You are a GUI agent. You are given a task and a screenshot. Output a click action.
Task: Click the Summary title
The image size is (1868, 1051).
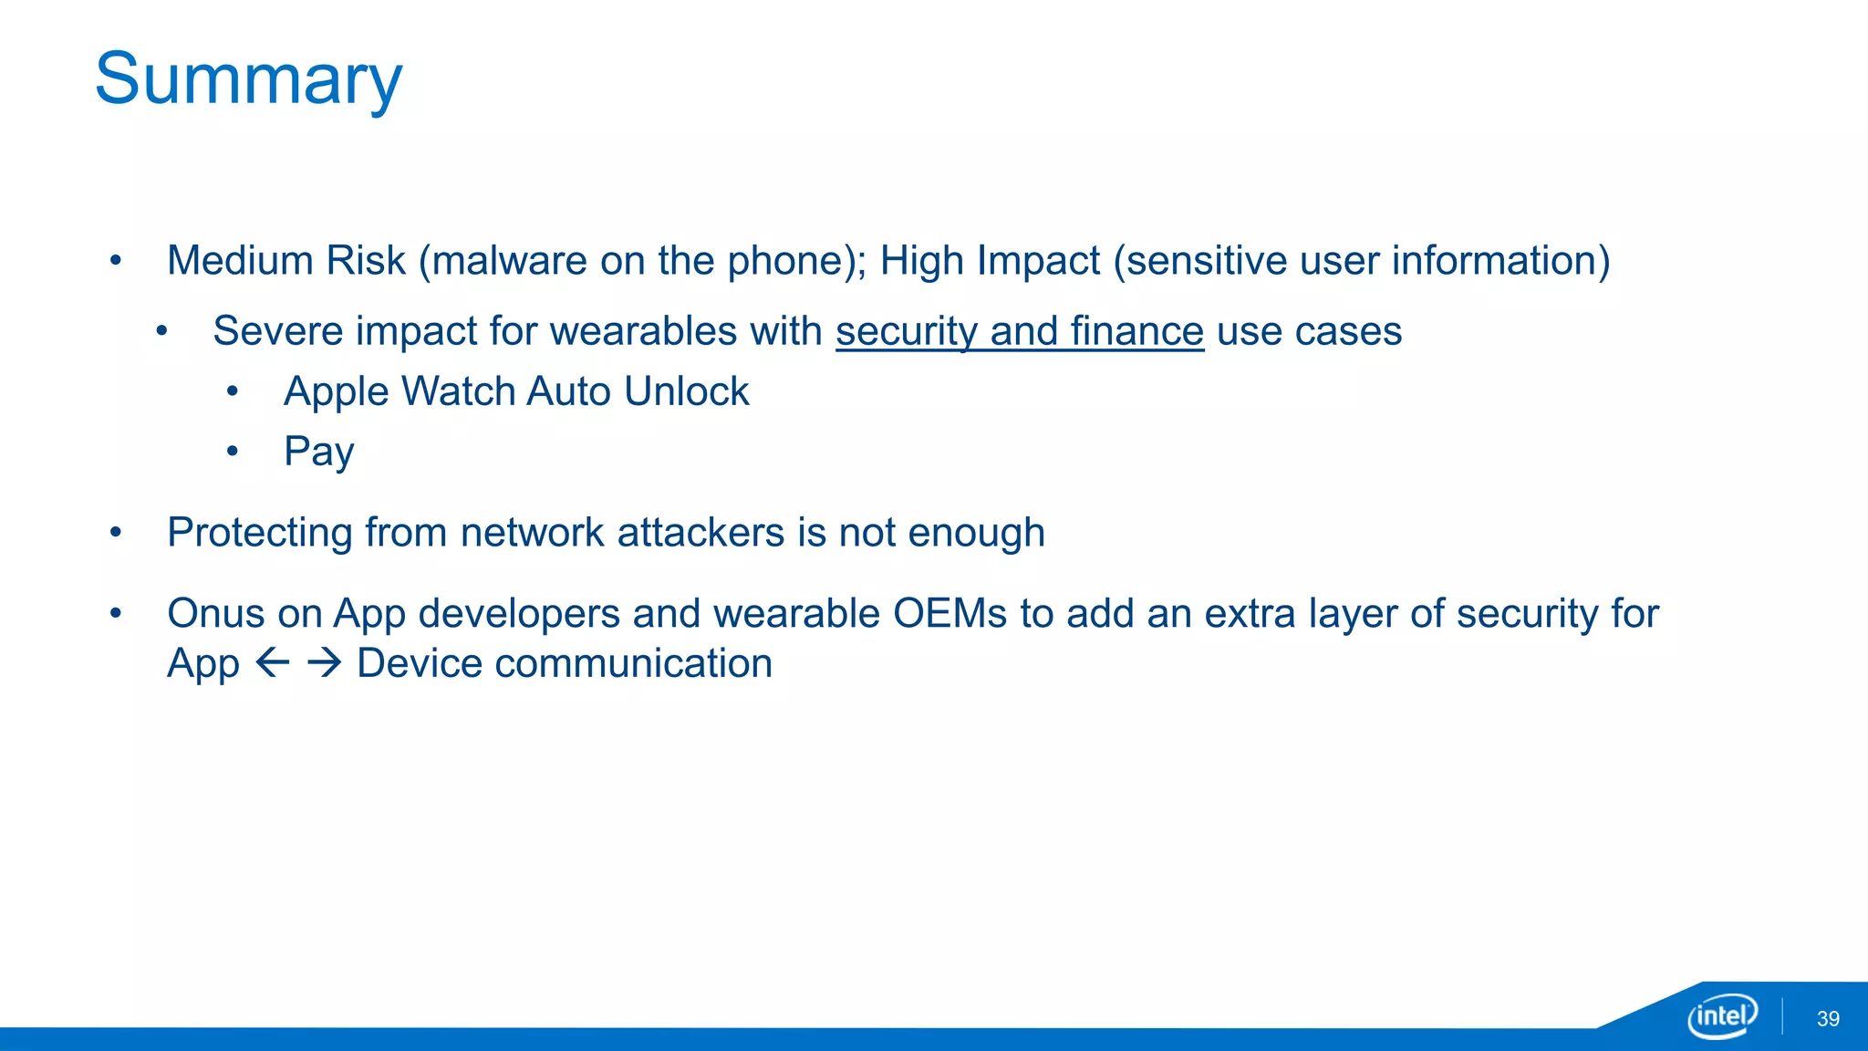(x=248, y=80)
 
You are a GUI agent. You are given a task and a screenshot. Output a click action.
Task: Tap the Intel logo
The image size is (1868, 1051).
(x=1722, y=1015)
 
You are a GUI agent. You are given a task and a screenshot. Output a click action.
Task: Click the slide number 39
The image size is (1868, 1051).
(x=1828, y=1019)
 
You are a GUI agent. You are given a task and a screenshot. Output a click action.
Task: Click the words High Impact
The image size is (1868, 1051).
(x=990, y=261)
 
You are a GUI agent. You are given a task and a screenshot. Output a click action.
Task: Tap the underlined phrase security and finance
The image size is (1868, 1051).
(x=1019, y=331)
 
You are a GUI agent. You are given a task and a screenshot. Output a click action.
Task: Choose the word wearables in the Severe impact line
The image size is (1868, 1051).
(x=643, y=331)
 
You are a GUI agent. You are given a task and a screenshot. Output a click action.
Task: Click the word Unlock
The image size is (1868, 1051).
(x=686, y=391)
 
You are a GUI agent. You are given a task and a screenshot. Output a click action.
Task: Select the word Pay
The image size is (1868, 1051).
(x=318, y=452)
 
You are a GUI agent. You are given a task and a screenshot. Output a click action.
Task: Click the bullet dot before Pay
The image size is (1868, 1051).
(x=233, y=451)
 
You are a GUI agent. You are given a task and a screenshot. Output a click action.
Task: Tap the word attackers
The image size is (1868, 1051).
(x=700, y=533)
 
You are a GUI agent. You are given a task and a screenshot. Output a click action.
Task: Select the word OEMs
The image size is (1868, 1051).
(x=950, y=614)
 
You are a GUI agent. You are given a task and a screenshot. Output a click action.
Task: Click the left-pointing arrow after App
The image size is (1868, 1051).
(x=273, y=663)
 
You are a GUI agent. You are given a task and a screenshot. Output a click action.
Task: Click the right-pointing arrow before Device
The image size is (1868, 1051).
(x=324, y=663)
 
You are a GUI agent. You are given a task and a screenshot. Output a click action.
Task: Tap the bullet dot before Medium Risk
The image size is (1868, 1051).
(x=116, y=261)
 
